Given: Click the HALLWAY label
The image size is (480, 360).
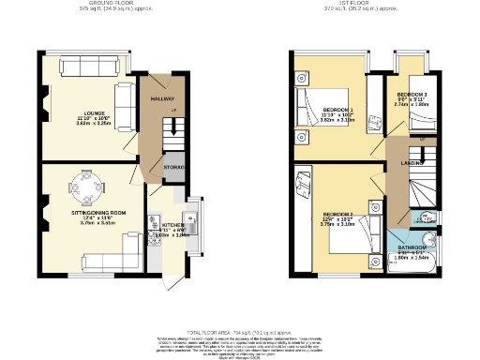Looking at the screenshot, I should pyautogui.click(x=152, y=97).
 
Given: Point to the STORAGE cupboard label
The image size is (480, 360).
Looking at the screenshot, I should pyautogui.click(x=174, y=168).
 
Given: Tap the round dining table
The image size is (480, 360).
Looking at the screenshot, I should pyautogui.click(x=86, y=194).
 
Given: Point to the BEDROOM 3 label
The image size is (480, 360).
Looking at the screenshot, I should pyautogui.click(x=412, y=95).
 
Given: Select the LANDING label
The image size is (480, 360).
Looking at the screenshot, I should pyautogui.click(x=411, y=163).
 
